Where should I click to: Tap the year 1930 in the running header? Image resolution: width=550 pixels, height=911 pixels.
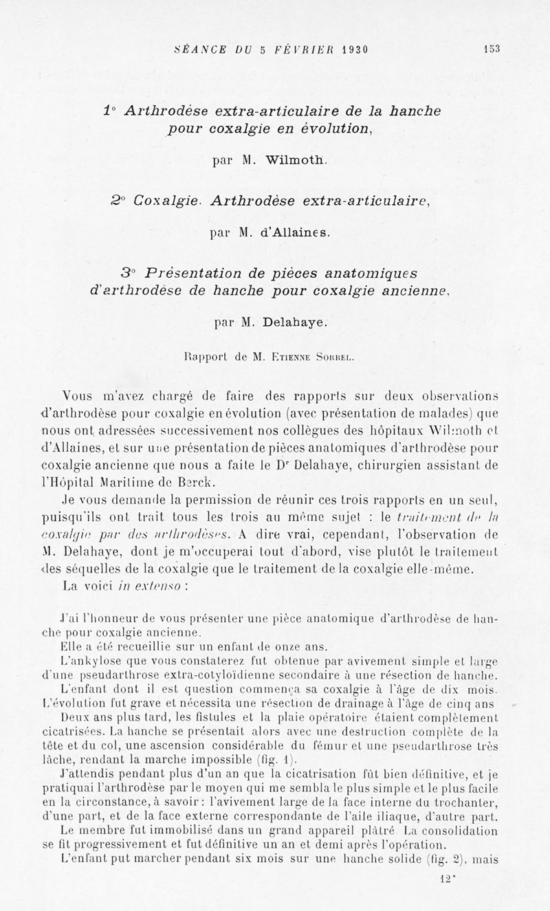click(349, 49)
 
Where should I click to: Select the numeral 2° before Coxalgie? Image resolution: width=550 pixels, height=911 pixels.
click(118, 201)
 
